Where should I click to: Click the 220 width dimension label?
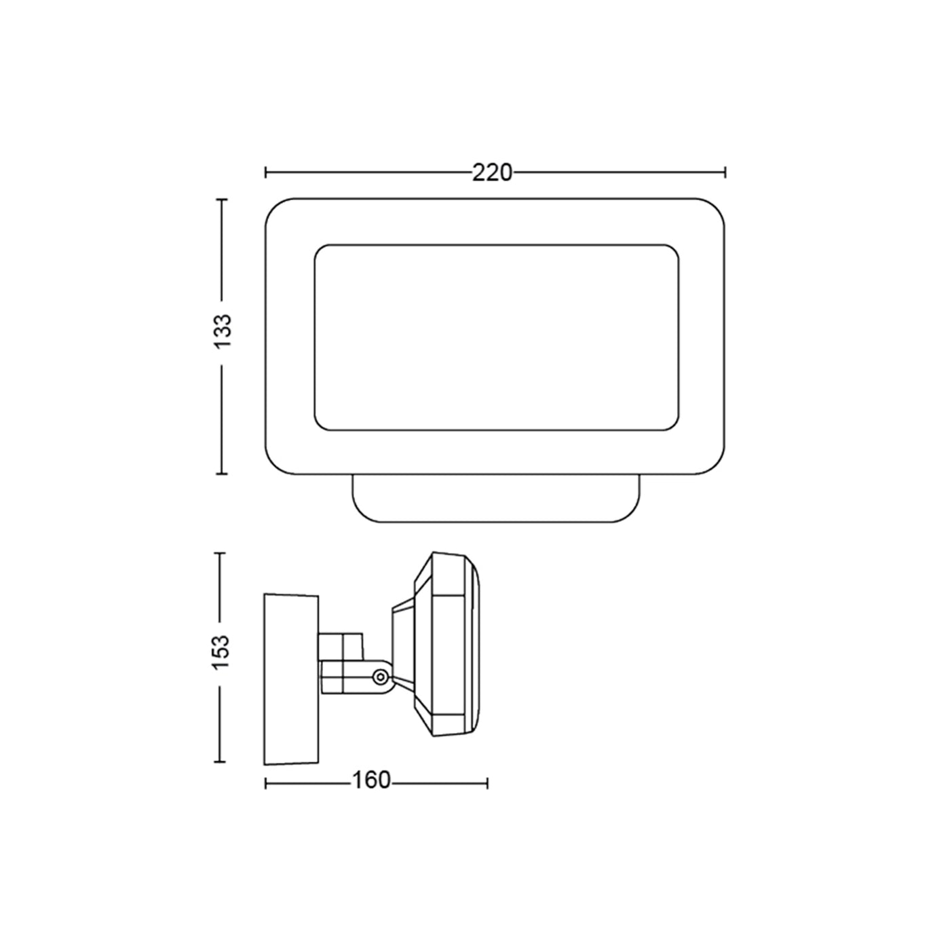point(492,174)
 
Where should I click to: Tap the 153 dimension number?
point(222,651)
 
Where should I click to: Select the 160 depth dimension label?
point(371,781)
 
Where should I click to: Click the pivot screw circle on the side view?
point(381,676)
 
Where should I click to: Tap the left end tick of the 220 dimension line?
point(266,173)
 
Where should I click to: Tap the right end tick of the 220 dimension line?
point(725,173)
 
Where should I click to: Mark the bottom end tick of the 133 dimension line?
point(221,474)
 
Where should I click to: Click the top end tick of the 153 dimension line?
point(221,554)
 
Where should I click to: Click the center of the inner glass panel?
point(496,337)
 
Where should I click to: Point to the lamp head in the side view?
point(444,645)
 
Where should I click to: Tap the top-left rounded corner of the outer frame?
point(273,207)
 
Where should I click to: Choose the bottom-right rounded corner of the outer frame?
point(716,465)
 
